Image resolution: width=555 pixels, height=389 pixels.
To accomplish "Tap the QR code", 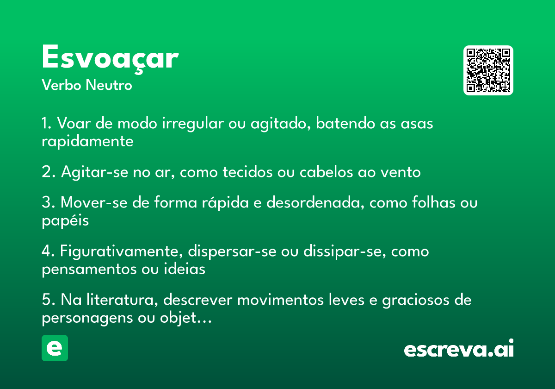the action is pos(488,70).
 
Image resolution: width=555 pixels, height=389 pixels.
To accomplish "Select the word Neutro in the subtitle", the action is pos(109,85).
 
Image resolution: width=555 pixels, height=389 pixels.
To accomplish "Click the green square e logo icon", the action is pos(55,348).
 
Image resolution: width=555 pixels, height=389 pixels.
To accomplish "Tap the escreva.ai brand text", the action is pos(459,348).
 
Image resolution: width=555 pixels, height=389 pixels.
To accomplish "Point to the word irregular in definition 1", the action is pos(193,123).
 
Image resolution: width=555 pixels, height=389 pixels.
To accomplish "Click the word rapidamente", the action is pos(87,141).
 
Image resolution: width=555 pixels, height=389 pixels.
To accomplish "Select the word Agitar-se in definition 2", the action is pos(94,172).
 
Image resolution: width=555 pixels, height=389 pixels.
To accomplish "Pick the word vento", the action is pos(401,172).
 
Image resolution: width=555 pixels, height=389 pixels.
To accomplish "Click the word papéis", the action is pos(65,220).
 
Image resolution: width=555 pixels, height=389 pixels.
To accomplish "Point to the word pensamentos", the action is pos(89,269).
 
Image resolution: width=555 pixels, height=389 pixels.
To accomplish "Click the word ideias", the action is pos(185,269).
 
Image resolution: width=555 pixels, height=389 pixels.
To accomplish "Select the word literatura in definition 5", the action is pos(122,300).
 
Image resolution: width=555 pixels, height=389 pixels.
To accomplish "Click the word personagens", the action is pos(87,318).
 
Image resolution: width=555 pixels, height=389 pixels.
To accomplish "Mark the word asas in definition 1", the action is pos(417,124).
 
